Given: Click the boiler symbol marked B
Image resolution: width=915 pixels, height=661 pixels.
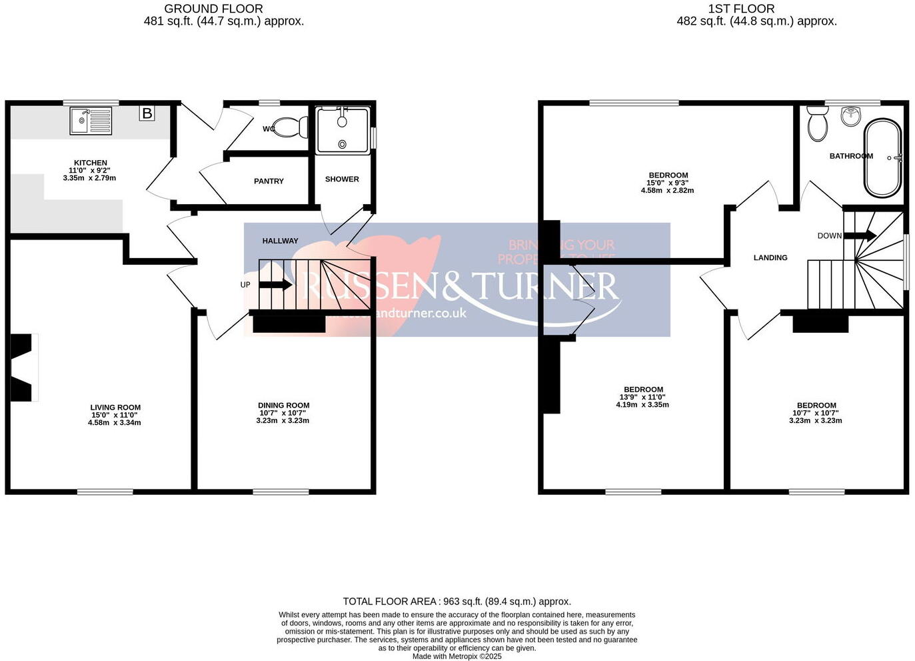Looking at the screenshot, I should (x=147, y=113).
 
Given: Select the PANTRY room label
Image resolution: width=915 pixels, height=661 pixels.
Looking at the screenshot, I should (x=269, y=181).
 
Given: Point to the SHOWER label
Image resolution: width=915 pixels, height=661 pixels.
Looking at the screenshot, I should (x=342, y=179).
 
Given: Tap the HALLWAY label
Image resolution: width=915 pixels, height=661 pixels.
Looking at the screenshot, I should (x=280, y=241).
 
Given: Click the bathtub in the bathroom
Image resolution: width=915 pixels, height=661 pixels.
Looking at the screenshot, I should (x=882, y=158).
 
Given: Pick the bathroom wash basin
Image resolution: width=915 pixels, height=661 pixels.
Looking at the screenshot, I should (x=851, y=116).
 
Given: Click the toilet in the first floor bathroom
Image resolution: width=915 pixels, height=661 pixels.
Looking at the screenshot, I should (x=817, y=124).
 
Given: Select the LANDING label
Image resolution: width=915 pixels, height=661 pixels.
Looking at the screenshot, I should (x=770, y=257).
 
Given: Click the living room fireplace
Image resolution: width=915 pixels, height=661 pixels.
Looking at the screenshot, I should (x=22, y=368).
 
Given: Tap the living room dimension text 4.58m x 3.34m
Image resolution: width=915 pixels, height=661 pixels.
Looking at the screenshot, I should (x=115, y=422).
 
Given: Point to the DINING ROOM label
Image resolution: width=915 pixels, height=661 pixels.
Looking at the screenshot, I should (x=284, y=406).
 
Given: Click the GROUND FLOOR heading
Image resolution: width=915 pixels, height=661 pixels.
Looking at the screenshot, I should (x=213, y=9).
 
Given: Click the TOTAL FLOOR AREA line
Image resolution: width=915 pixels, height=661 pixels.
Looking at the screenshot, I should (x=457, y=602).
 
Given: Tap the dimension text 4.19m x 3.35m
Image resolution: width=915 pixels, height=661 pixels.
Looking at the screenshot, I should (x=642, y=404).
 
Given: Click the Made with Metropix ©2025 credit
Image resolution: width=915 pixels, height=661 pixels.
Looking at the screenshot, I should (x=457, y=656).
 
